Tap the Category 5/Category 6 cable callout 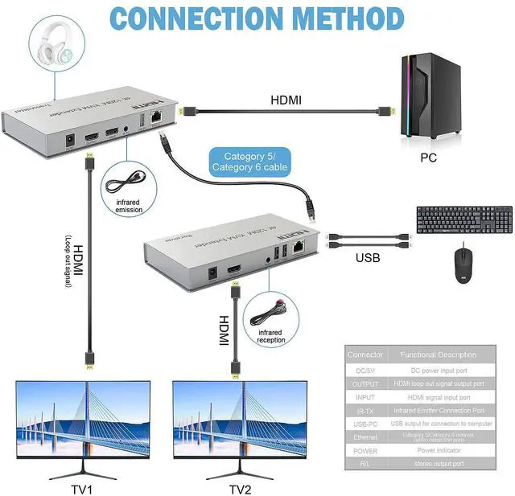[x=249, y=161]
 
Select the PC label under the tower [x=428, y=158]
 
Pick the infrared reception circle [x=271, y=315]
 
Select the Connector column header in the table [x=365, y=355]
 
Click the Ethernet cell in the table [x=365, y=437]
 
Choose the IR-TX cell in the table [x=365, y=410]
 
